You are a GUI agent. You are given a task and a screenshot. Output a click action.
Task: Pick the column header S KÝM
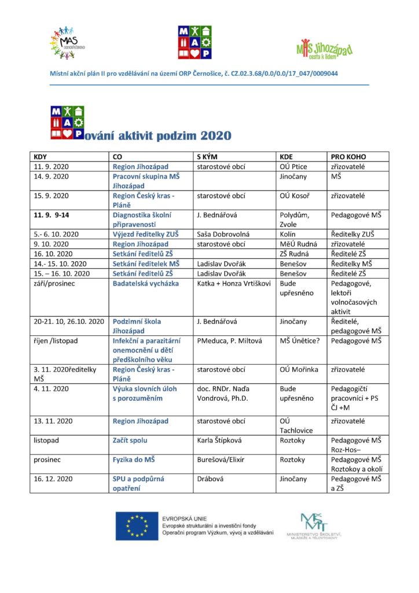pos(208,157)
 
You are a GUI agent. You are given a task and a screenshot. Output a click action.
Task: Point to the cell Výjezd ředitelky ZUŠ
pos(145,234)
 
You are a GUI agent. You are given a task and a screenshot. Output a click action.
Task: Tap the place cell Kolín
pos(288,234)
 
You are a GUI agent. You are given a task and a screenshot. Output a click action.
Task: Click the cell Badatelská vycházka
pos(146,283)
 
